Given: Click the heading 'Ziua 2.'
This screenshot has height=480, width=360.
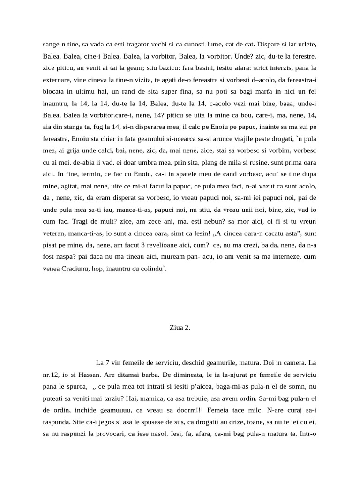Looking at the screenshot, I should [x=180, y=328].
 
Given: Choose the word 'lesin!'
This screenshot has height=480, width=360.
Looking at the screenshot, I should [x=191, y=232].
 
